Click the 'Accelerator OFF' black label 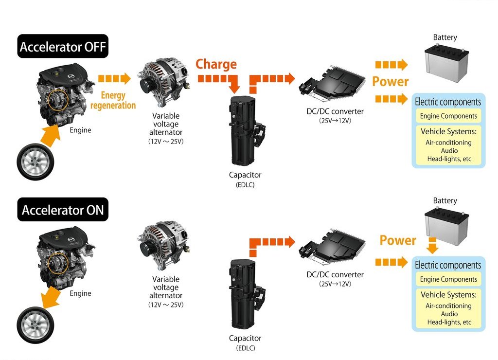click(63, 46)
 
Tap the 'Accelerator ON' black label click(63, 210)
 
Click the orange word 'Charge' click(216, 64)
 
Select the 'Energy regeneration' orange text click(113, 100)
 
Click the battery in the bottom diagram click(446, 226)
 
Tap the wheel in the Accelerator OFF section click(35, 162)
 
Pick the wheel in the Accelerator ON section click(35, 325)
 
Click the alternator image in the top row click(164, 82)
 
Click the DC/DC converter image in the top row click(332, 84)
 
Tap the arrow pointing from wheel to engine click(51, 136)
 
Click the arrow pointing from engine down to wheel click(51, 297)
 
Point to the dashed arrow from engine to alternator click(114, 78)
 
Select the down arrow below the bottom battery click(432, 245)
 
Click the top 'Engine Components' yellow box click(448, 116)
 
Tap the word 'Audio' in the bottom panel click(449, 314)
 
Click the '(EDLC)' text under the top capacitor click(245, 185)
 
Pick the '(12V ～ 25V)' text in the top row click(166, 142)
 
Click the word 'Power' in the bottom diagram click(398, 240)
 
